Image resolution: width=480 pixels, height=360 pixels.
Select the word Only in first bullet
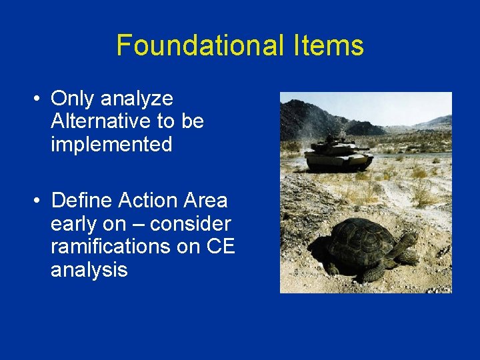pyautogui.click(x=72, y=99)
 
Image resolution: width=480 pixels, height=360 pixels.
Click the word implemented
pyautogui.click(x=111, y=145)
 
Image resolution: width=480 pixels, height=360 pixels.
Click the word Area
pyautogui.click(x=206, y=200)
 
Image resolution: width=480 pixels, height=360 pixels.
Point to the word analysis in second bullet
pyautogui.click(x=89, y=270)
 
